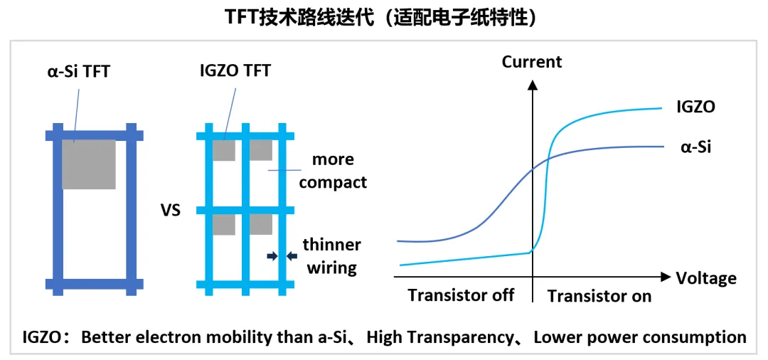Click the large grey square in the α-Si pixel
(89, 164)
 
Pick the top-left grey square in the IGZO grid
(223, 150)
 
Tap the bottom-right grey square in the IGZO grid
(260, 225)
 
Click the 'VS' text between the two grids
(171, 211)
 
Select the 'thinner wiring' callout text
(331, 256)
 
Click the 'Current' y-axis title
(532, 62)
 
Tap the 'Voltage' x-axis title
(706, 277)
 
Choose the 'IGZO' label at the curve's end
(695, 107)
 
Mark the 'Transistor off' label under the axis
(461, 295)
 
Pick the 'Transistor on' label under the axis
(599, 296)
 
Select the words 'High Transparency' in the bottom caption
(441, 337)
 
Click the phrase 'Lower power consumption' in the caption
(640, 337)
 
